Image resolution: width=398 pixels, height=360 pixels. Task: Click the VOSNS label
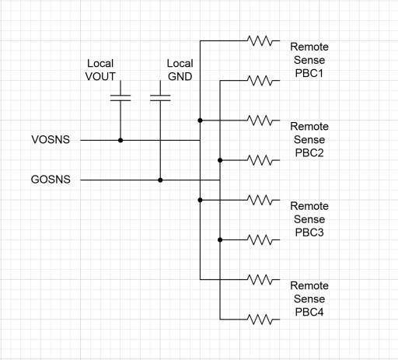51,139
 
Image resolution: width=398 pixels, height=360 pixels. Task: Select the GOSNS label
51,180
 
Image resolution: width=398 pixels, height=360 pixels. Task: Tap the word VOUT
100,76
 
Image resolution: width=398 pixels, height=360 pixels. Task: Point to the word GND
180,76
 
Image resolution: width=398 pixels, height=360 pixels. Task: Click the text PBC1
309,73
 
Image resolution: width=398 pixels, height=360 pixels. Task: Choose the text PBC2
309,152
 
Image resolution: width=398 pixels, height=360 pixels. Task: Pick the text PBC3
309,232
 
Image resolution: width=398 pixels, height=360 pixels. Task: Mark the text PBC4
309,312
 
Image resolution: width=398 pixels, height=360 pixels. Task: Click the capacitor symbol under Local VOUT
120,98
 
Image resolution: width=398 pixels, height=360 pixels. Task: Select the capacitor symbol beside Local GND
160,98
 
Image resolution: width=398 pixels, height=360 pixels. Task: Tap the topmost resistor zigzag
260,40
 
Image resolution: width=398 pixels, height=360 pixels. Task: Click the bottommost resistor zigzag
260,320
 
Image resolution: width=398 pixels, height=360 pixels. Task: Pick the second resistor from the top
260,81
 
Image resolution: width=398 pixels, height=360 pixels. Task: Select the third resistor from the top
260,121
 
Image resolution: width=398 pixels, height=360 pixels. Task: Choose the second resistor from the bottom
260,280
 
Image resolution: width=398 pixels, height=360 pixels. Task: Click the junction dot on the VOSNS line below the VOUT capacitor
120,140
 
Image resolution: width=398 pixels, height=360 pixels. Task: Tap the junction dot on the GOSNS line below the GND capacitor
160,180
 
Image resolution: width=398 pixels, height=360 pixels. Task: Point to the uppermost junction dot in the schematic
200,121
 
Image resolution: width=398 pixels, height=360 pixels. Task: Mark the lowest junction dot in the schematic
220,240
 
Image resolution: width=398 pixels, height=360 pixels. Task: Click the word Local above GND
180,63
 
